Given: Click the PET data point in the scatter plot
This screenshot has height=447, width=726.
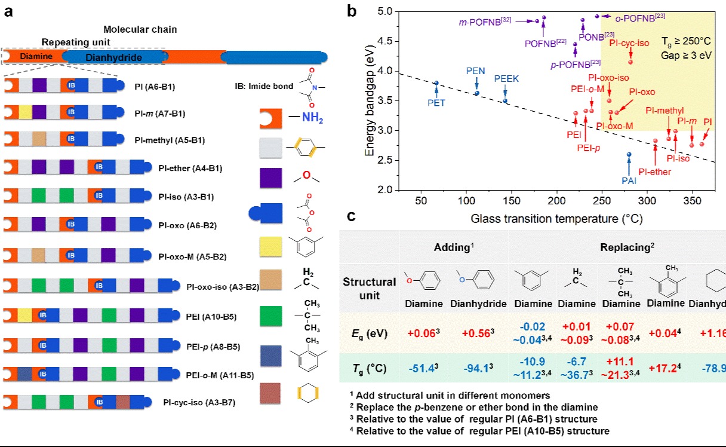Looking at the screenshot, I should pyautogui.click(x=436, y=83).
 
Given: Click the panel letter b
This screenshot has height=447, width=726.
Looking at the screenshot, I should pyautogui.click(x=351, y=12).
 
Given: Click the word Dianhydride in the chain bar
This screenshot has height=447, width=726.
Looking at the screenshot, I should pyautogui.click(x=113, y=57).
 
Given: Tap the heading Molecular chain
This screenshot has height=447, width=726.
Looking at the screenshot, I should pyautogui.click(x=140, y=29).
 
